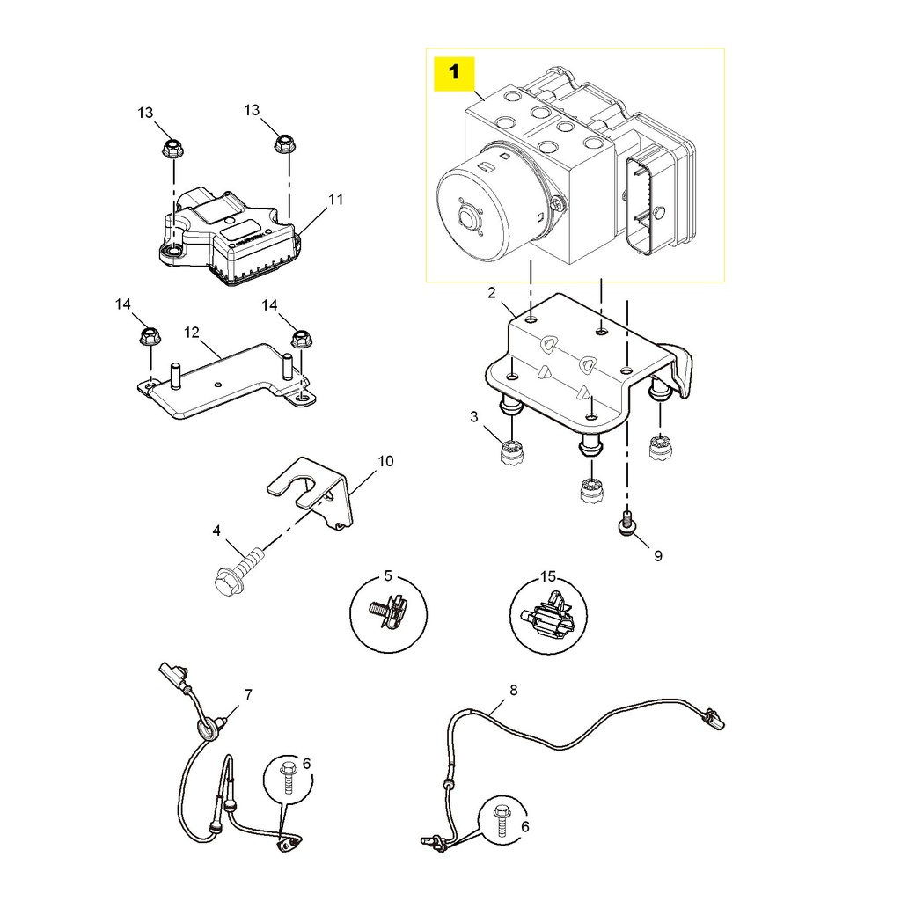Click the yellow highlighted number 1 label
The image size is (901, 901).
454,73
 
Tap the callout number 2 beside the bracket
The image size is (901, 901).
492,292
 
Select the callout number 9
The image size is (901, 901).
657,555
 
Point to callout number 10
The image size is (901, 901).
386,461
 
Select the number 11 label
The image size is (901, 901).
335,200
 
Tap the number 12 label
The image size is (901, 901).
193,333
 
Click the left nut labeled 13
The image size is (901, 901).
171,147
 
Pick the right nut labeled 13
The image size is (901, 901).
282,143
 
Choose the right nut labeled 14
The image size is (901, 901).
301,336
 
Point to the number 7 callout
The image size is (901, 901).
248,695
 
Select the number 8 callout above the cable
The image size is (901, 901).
514,690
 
